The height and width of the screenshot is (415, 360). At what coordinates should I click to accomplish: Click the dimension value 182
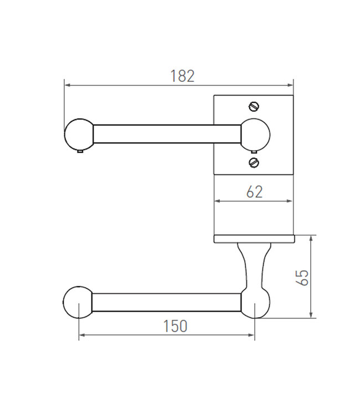tap(182, 76)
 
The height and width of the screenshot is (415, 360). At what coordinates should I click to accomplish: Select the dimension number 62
tap(253, 192)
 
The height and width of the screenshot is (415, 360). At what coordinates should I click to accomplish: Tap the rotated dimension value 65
tap(302, 277)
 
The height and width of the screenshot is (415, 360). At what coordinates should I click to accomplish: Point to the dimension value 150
tap(175, 326)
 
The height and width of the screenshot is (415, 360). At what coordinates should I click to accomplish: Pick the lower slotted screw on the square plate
tap(254, 162)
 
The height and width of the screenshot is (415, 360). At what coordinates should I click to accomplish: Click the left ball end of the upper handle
tap(79, 133)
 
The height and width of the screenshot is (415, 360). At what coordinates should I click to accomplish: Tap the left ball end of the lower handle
tap(79, 302)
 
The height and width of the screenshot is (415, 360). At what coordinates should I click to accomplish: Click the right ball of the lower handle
tap(255, 303)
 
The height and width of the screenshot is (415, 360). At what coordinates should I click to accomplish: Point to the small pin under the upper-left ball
tap(80, 151)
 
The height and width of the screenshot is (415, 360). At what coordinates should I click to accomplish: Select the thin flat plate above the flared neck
tap(253, 238)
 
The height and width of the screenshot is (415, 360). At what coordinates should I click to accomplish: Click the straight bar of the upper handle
tap(166, 133)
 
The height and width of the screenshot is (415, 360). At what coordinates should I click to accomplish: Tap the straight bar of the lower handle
tap(166, 302)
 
